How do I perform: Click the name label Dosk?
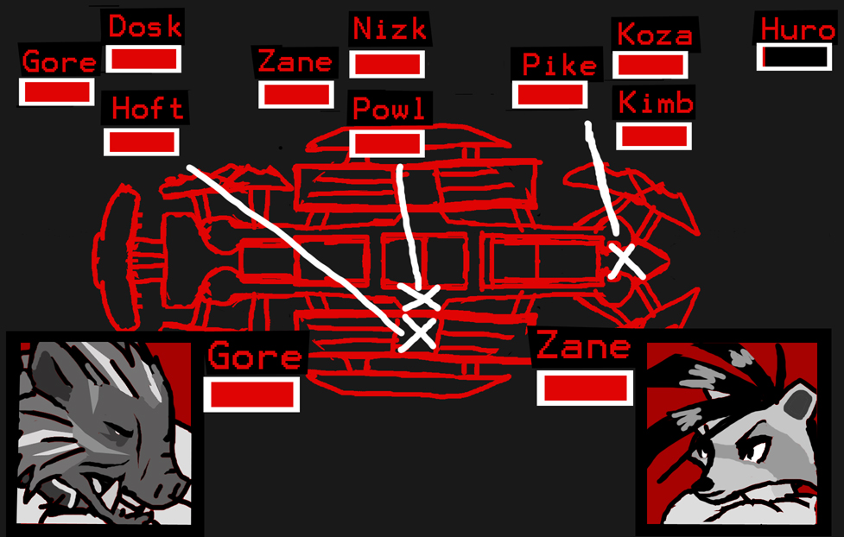click(144, 26)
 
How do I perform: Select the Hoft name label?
click(147, 109)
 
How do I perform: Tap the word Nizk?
click(390, 28)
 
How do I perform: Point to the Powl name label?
click(389, 110)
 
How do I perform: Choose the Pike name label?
click(559, 65)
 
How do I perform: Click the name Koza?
click(654, 35)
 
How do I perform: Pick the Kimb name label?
click(656, 104)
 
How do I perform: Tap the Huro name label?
click(797, 28)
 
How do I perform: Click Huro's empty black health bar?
click(795, 57)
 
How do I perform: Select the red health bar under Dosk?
click(143, 60)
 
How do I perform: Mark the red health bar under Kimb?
click(654, 136)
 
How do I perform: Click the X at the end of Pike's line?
click(624, 260)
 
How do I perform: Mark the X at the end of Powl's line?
click(422, 298)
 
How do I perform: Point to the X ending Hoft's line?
click(418, 332)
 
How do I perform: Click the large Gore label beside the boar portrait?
click(255, 356)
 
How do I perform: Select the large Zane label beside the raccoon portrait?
click(583, 347)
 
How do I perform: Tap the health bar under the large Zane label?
click(584, 388)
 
